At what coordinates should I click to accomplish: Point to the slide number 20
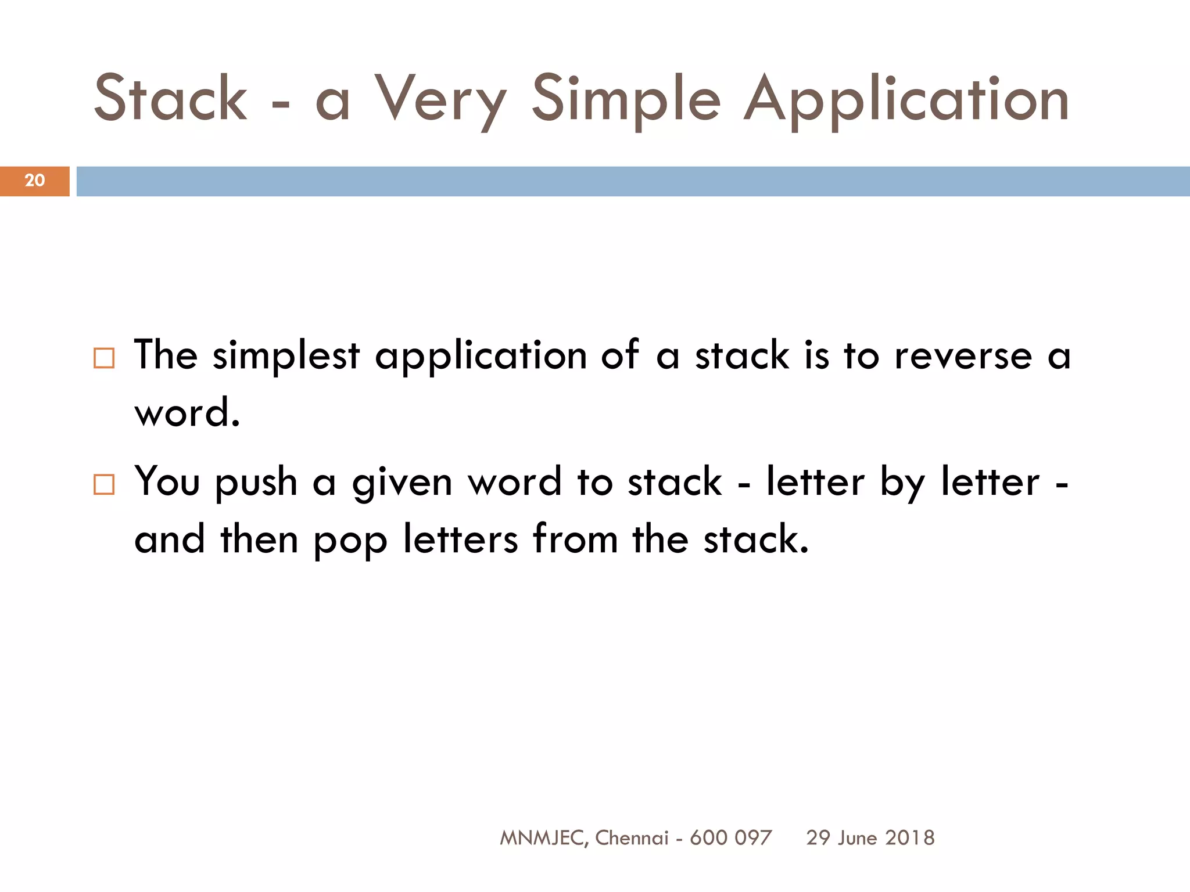pos(35,181)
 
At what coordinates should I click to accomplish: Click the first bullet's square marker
pos(104,358)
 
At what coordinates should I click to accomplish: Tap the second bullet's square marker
pos(104,484)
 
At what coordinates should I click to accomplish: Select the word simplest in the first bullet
pos(286,355)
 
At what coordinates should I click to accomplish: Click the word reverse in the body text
pos(963,355)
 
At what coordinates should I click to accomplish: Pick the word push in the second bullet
pos(256,483)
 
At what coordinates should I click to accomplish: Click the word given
pos(402,483)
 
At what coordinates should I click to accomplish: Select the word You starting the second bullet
pos(167,481)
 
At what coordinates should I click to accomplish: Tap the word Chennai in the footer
pos(632,837)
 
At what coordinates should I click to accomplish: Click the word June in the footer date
pos(858,837)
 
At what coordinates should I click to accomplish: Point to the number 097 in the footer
pos(753,837)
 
